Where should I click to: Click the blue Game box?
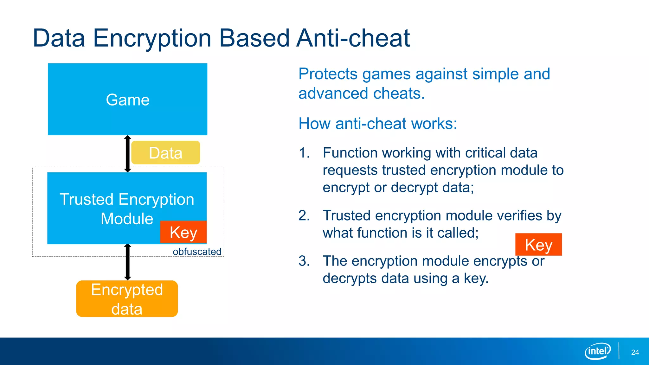click(x=127, y=99)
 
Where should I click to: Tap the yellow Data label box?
click(x=165, y=153)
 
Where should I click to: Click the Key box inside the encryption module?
click(x=183, y=232)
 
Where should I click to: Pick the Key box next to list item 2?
click(x=538, y=244)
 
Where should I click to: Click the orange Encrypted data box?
click(x=127, y=298)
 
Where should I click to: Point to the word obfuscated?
click(x=197, y=252)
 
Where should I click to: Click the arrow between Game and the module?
click(x=128, y=154)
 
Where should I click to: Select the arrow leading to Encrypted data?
click(x=128, y=262)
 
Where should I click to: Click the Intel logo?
click(x=597, y=351)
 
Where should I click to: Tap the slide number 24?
click(x=635, y=352)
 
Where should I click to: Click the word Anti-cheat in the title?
click(x=353, y=38)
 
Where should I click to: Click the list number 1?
click(x=304, y=153)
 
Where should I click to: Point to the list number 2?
click(x=304, y=216)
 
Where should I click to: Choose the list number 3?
click(x=304, y=261)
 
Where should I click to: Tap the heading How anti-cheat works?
click(x=378, y=124)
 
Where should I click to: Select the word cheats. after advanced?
click(x=399, y=94)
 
